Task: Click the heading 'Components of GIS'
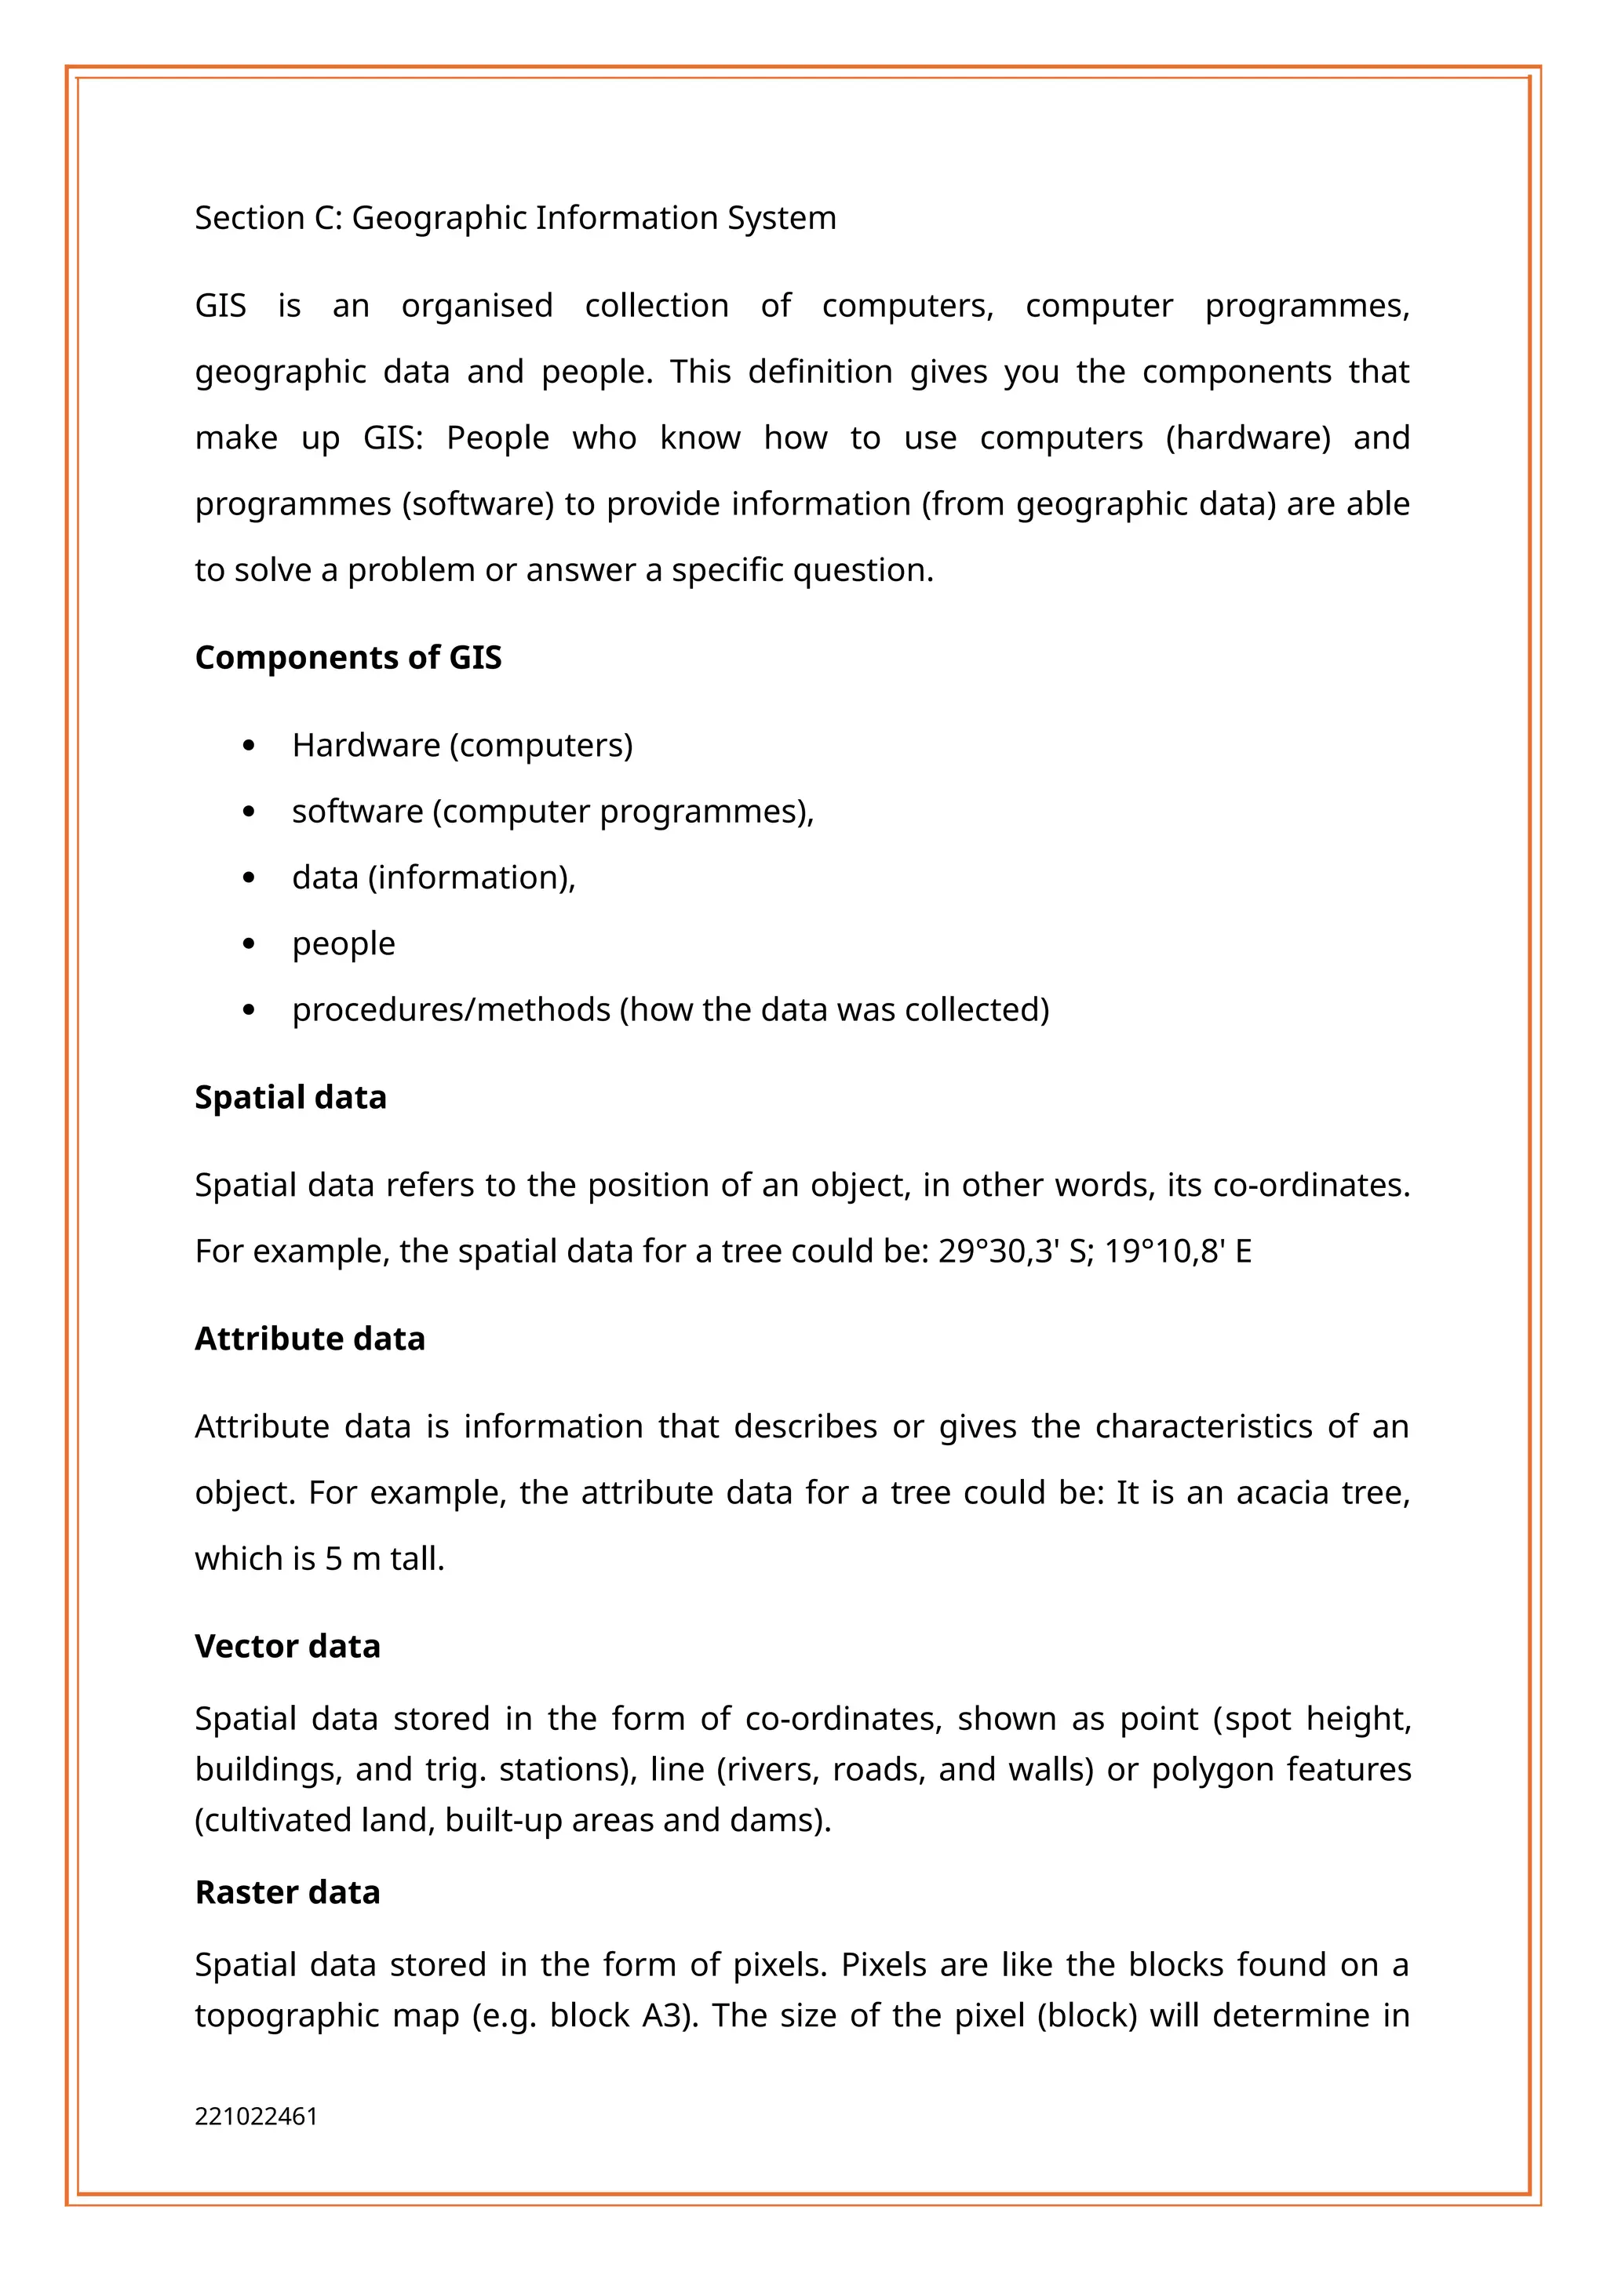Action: (x=348, y=658)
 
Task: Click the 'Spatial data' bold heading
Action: (x=290, y=1097)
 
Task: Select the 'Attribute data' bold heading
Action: (x=310, y=1339)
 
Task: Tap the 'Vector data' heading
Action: (x=287, y=1646)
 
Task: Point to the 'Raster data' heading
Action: (x=287, y=1892)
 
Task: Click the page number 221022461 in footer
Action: (x=257, y=2117)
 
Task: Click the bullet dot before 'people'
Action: (x=249, y=945)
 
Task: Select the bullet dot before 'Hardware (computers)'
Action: (x=249, y=746)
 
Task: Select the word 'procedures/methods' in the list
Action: (x=451, y=1010)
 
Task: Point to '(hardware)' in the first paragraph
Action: (x=1248, y=438)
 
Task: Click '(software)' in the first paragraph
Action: (x=478, y=504)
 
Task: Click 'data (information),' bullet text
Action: (x=433, y=878)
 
